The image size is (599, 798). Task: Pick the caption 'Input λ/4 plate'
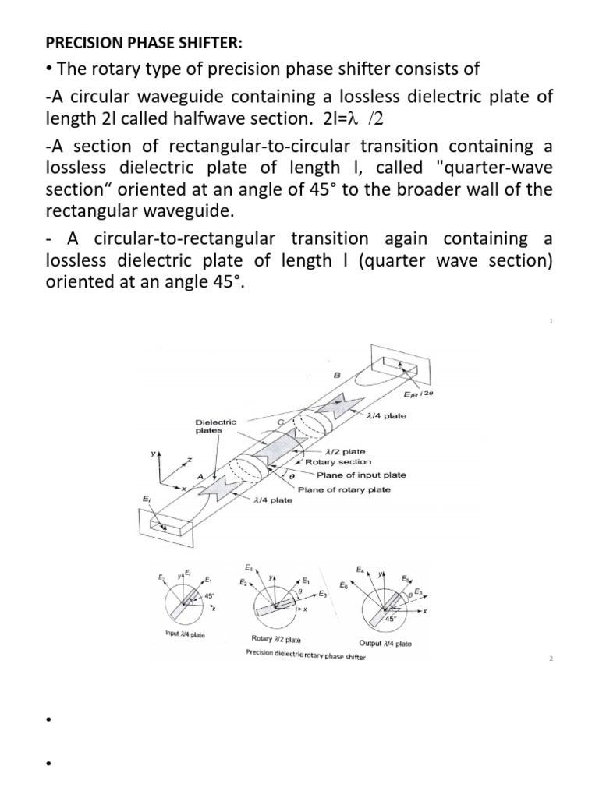pyautogui.click(x=185, y=634)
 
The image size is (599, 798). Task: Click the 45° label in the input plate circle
pyautogui.click(x=209, y=595)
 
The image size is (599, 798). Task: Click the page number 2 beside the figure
pyautogui.click(x=551, y=659)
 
